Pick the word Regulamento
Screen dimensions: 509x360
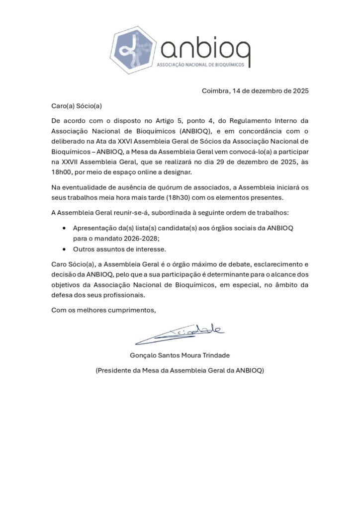pos(256,121)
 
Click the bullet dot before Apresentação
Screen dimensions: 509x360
pos(65,228)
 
